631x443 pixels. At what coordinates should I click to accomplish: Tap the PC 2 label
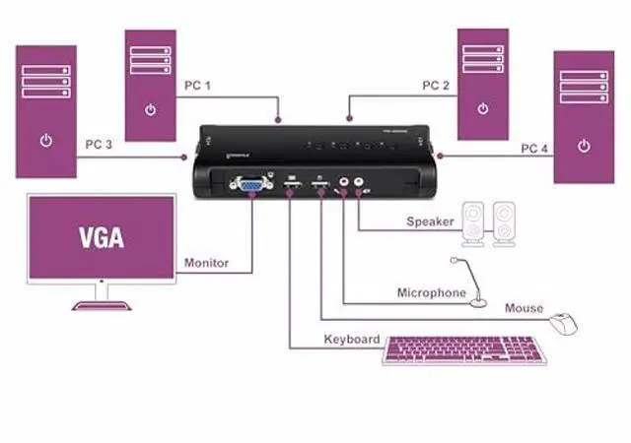436,86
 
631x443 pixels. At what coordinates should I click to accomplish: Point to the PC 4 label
535,149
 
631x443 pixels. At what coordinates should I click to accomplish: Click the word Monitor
206,263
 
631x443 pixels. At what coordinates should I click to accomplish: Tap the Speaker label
430,221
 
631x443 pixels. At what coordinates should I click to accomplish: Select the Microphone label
431,292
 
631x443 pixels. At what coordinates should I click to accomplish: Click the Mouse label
524,308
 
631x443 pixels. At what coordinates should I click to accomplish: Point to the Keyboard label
352,340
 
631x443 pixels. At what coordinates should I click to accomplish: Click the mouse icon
563,322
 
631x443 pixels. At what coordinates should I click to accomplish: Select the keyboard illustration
463,350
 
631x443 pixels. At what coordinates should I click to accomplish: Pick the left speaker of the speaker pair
474,223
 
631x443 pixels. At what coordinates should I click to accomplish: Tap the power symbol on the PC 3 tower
46,141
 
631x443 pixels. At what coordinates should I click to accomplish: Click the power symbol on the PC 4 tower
584,146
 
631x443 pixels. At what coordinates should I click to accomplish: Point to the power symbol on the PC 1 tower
150,109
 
